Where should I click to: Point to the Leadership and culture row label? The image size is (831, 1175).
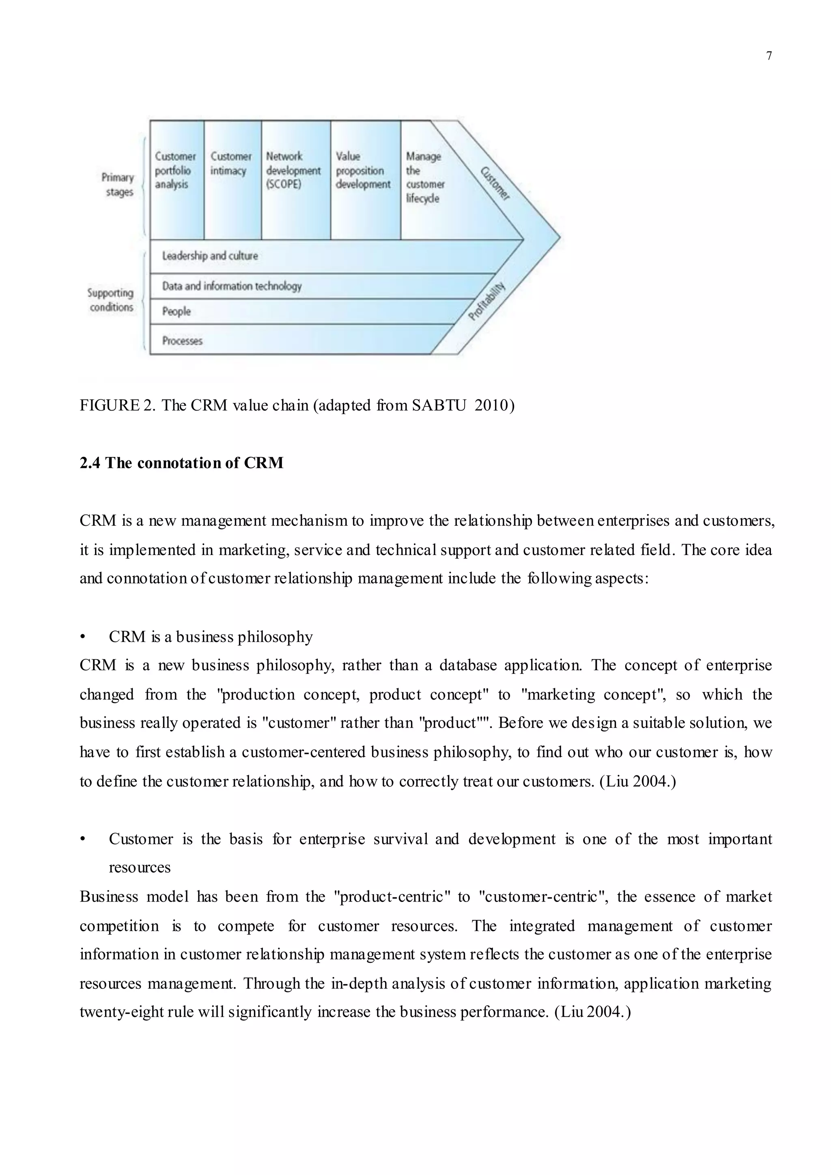pos(210,256)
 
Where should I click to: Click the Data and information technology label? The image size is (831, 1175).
pos(232,286)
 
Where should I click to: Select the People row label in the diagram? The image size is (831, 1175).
pos(176,311)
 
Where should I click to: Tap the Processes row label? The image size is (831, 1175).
pos(182,341)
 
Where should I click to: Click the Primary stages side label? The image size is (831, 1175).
pos(118,185)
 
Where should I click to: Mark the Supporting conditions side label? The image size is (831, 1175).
pos(110,300)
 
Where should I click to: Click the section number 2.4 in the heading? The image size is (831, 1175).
pos(90,463)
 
